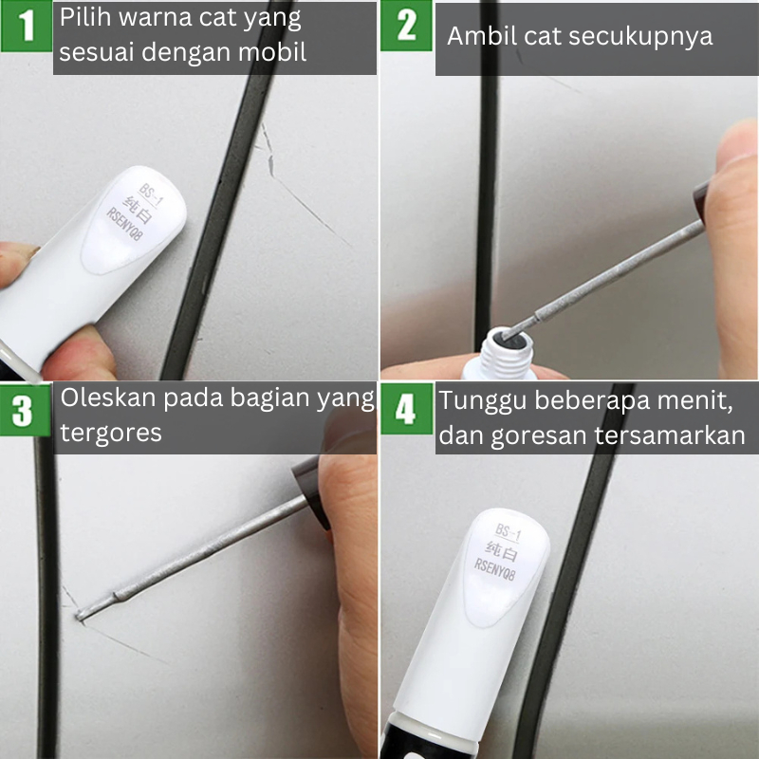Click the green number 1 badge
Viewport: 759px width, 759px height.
coord(27,26)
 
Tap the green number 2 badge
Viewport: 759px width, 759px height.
coord(406,26)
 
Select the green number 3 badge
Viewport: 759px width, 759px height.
coord(26,411)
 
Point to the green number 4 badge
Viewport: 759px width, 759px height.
coord(407,409)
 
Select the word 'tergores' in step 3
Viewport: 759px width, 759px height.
coord(111,434)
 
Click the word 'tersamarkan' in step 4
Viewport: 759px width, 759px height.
coord(670,435)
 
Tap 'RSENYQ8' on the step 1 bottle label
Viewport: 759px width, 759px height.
coord(125,224)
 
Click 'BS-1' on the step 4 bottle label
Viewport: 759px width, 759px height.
coord(508,532)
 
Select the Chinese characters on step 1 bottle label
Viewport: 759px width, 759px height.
coord(139,210)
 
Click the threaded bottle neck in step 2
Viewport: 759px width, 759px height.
coord(506,352)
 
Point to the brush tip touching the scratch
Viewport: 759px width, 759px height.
coord(80,616)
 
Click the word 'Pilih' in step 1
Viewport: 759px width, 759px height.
coord(86,18)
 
